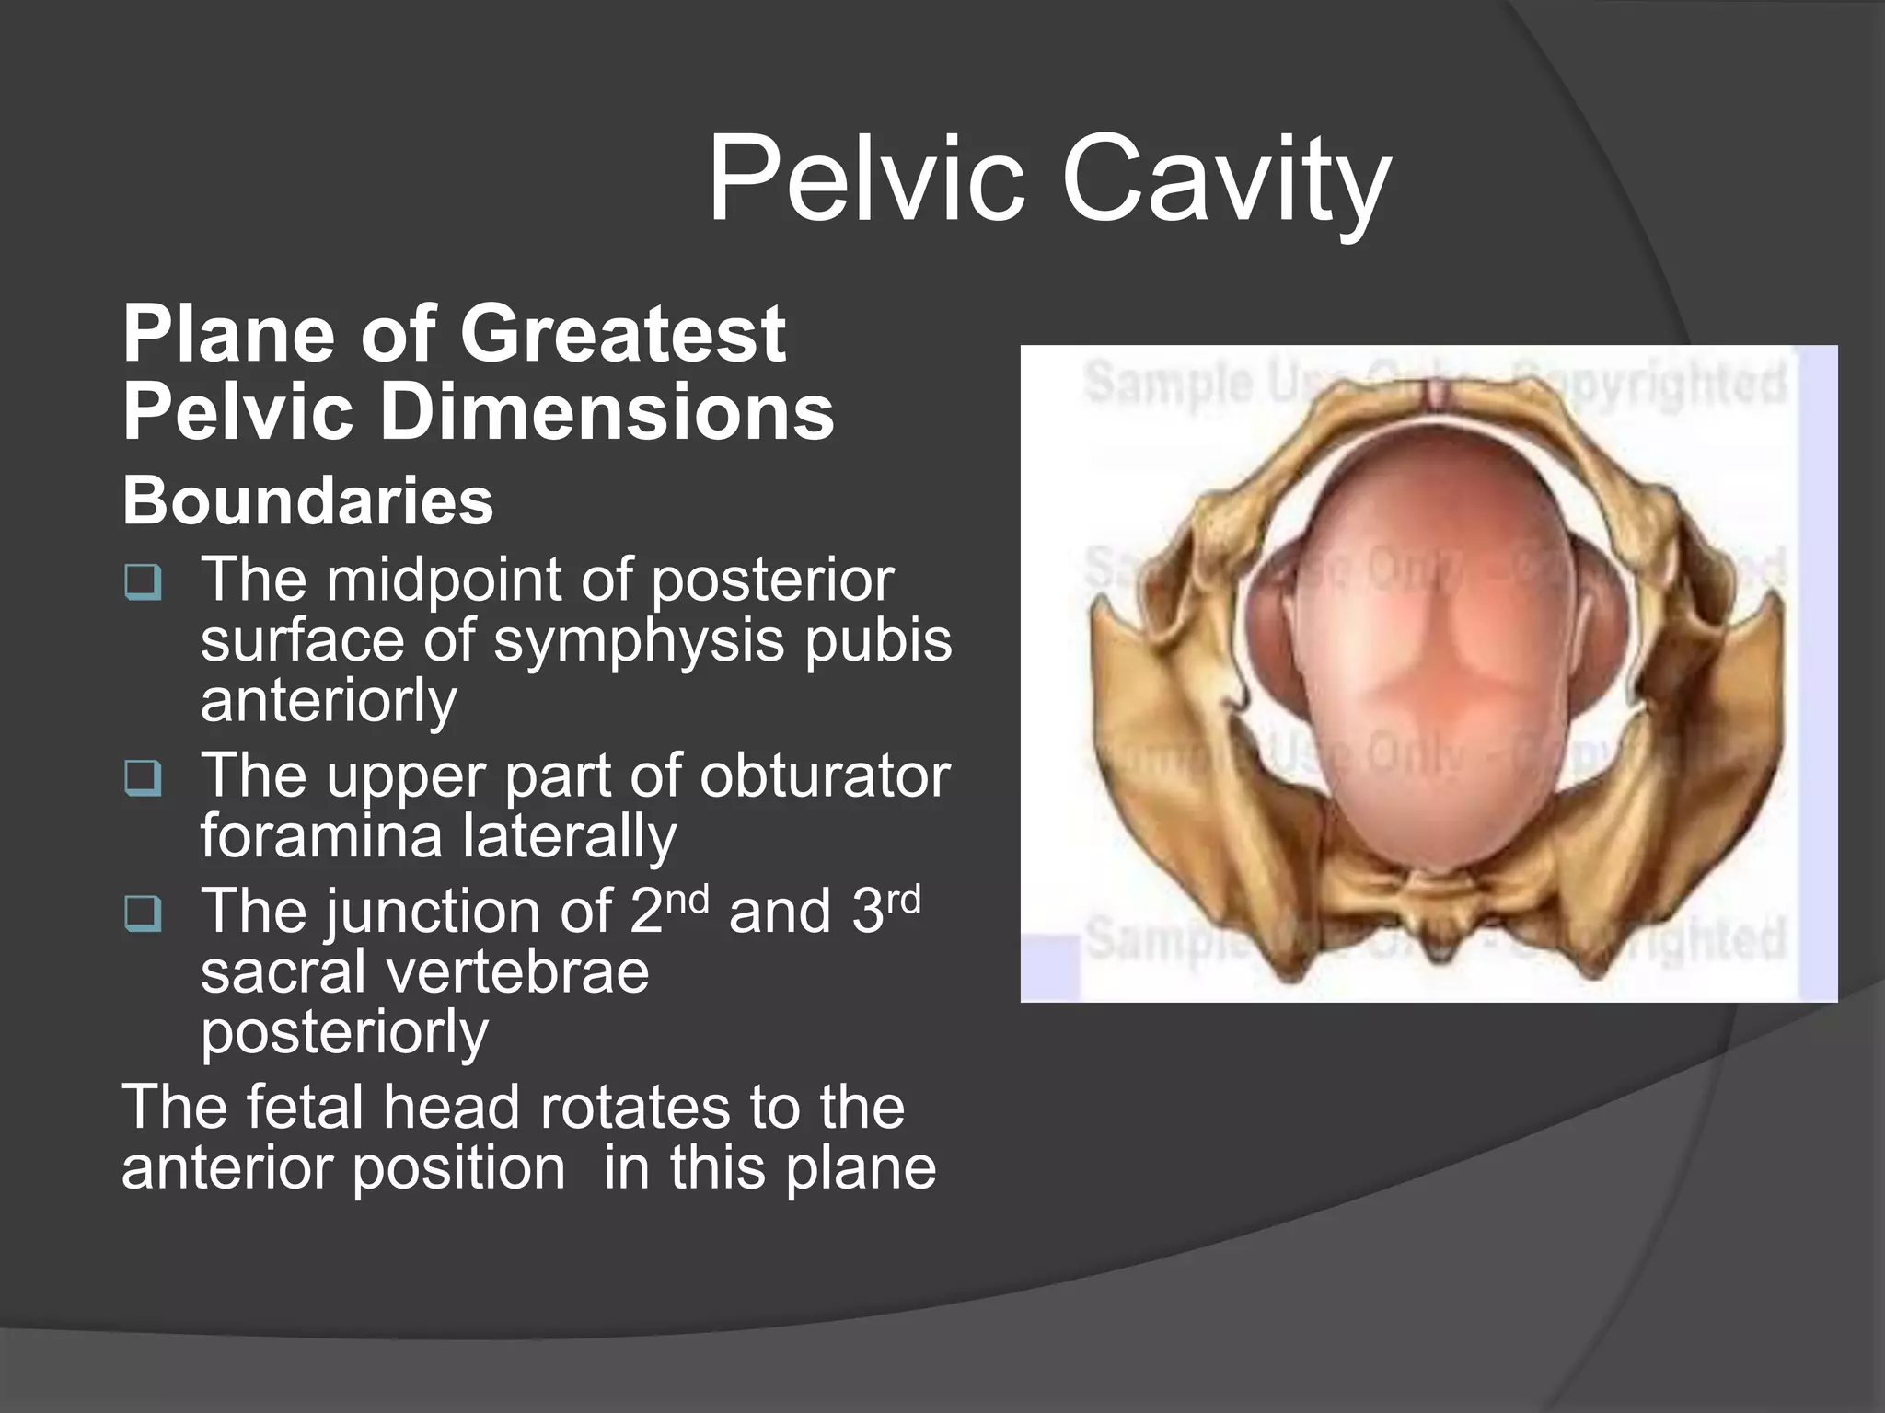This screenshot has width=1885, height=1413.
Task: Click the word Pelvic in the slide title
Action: point(865,179)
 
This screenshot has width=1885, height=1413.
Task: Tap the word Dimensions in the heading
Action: point(607,411)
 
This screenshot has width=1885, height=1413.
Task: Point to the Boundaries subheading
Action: point(307,500)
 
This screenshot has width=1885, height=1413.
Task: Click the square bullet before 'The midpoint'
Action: point(144,581)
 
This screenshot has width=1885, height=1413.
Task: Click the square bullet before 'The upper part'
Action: point(144,778)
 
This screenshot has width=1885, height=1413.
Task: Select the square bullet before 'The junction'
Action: point(144,913)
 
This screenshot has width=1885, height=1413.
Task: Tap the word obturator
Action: point(824,775)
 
